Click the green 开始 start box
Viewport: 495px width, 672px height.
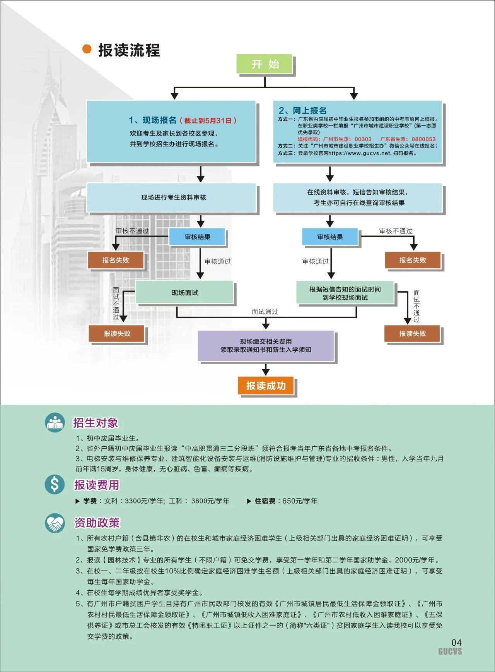coord(265,64)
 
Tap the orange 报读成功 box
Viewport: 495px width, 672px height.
coord(266,386)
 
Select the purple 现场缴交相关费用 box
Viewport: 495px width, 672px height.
coord(266,346)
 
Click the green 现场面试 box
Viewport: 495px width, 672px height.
coord(184,293)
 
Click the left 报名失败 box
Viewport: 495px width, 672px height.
coord(116,260)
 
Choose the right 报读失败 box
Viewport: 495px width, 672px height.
coord(412,334)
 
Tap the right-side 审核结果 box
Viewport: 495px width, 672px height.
coord(330,237)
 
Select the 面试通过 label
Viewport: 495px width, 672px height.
coord(265,312)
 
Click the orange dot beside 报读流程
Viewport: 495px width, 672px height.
coord(87,49)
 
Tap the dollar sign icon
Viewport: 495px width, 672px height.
coord(55,484)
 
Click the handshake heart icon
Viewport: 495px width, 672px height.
coord(55,523)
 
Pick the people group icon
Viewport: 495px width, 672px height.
coord(55,422)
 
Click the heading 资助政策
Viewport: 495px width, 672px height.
coord(97,523)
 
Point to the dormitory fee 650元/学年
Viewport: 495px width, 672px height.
coord(300,501)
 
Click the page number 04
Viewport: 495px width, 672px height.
coord(456,643)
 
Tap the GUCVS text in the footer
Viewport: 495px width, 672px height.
coord(450,651)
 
